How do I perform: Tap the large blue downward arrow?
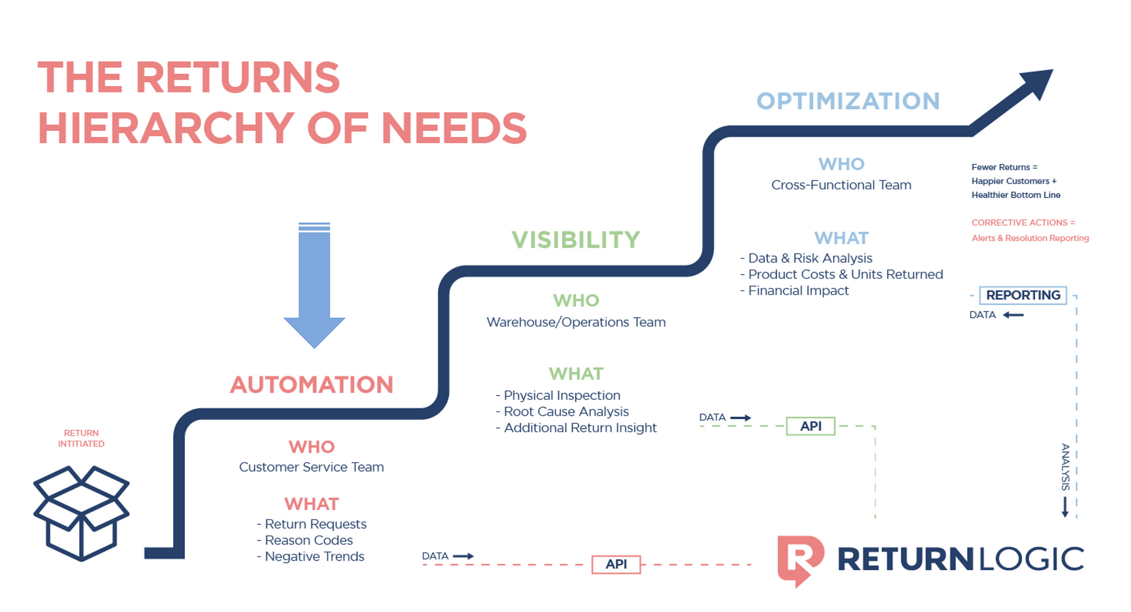(x=314, y=286)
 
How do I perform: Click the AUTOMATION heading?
(x=312, y=385)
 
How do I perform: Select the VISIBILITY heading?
(x=576, y=240)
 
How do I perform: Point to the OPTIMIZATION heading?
(x=848, y=101)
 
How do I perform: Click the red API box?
(x=616, y=564)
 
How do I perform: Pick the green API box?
(x=811, y=426)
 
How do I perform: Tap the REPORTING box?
(x=1023, y=295)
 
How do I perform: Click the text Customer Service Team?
(x=311, y=467)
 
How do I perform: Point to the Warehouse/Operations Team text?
(x=576, y=322)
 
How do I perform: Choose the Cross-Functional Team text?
(x=841, y=185)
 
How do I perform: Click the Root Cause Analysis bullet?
(x=565, y=412)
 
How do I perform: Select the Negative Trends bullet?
(x=314, y=557)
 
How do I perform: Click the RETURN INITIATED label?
(x=81, y=438)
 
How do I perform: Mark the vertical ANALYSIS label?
(x=1065, y=467)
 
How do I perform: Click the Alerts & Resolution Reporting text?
(x=1030, y=238)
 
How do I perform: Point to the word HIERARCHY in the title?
(x=166, y=129)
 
